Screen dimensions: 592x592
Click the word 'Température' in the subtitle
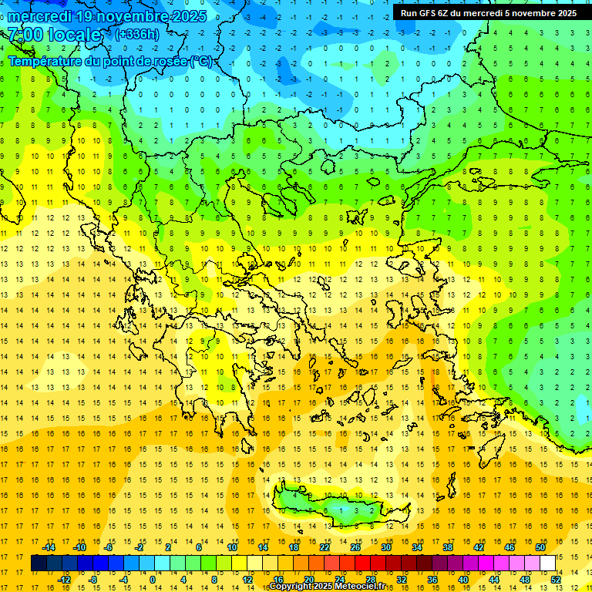[45, 61]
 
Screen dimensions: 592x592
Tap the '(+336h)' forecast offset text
[138, 34]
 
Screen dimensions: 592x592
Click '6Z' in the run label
[447, 12]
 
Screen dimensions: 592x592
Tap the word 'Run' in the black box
[409, 12]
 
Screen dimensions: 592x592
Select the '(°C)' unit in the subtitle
[200, 61]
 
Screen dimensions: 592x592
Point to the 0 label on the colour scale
[153, 580]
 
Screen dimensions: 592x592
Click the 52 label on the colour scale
[556, 580]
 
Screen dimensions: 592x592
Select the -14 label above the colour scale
[49, 547]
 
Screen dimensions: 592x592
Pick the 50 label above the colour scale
[540, 547]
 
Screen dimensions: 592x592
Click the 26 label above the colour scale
[355, 547]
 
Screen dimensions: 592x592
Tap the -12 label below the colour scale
[64, 580]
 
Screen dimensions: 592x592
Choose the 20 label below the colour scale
[308, 580]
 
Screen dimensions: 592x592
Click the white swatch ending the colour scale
[547, 563]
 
